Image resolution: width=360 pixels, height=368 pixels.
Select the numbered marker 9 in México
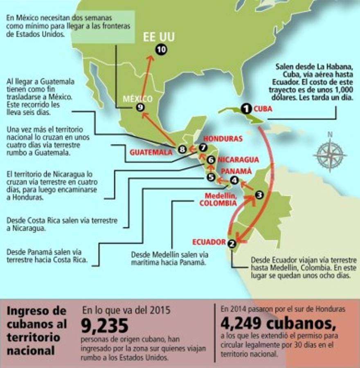coord(140,107)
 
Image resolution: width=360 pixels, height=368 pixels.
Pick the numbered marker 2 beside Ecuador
coord(232,244)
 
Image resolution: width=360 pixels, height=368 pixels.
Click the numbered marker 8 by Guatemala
coord(182,150)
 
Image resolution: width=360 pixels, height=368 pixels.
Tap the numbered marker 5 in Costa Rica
coord(211,177)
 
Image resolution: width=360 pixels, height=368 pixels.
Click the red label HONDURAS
coord(223,139)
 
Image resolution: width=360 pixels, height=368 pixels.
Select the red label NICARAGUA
coord(238,159)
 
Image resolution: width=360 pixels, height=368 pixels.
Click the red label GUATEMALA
coord(151,152)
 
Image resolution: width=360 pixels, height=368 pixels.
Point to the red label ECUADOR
coord(209,242)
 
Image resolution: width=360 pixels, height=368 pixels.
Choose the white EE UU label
coord(158,37)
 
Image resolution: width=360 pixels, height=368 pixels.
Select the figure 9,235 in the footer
coord(105,326)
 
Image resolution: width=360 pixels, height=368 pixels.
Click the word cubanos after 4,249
coord(303,324)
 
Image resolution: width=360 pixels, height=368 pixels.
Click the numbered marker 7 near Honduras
coord(202,148)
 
